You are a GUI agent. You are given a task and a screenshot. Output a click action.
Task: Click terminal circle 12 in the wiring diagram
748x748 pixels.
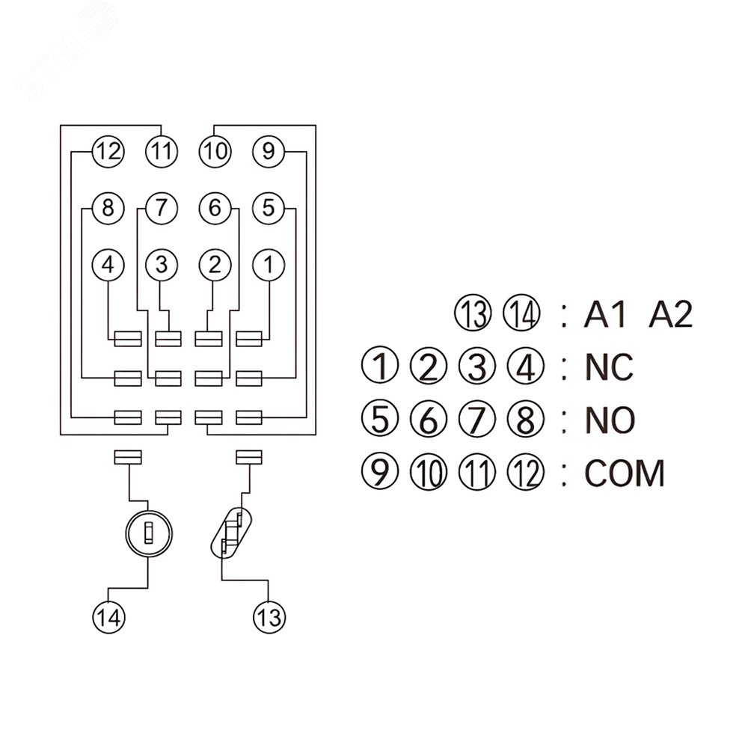click(x=108, y=152)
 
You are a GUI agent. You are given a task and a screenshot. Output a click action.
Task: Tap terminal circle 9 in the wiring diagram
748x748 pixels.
click(x=269, y=152)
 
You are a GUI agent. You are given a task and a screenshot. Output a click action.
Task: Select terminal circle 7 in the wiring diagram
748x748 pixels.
click(x=162, y=208)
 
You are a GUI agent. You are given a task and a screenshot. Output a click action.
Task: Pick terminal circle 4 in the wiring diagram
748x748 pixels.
click(x=108, y=264)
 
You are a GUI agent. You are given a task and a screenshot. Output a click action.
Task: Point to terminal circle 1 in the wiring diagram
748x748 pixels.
click(x=269, y=264)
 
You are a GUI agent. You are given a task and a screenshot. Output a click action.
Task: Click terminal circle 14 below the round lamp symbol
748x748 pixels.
click(x=108, y=617)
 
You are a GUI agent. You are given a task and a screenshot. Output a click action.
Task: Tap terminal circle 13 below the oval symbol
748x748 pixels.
click(x=269, y=617)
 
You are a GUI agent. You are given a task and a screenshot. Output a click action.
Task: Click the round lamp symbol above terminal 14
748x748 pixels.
click(x=149, y=533)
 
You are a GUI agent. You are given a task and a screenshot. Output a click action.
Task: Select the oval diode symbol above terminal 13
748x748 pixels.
click(x=230, y=533)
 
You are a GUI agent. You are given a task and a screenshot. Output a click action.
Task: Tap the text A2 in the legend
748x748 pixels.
click(x=670, y=316)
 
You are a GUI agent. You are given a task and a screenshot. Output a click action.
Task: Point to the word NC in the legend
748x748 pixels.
click(x=608, y=367)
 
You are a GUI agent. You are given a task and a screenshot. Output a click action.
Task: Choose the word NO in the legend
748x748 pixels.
click(x=609, y=420)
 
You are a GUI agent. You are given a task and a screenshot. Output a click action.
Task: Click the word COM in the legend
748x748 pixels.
click(x=625, y=473)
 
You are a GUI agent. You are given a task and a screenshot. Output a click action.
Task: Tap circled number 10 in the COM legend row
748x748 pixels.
click(x=428, y=473)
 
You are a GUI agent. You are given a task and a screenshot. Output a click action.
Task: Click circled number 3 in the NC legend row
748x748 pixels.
click(x=476, y=367)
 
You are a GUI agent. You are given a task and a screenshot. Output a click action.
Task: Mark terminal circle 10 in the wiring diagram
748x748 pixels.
click(x=215, y=152)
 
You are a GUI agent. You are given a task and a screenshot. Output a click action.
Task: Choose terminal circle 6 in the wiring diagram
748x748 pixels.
click(x=215, y=208)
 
